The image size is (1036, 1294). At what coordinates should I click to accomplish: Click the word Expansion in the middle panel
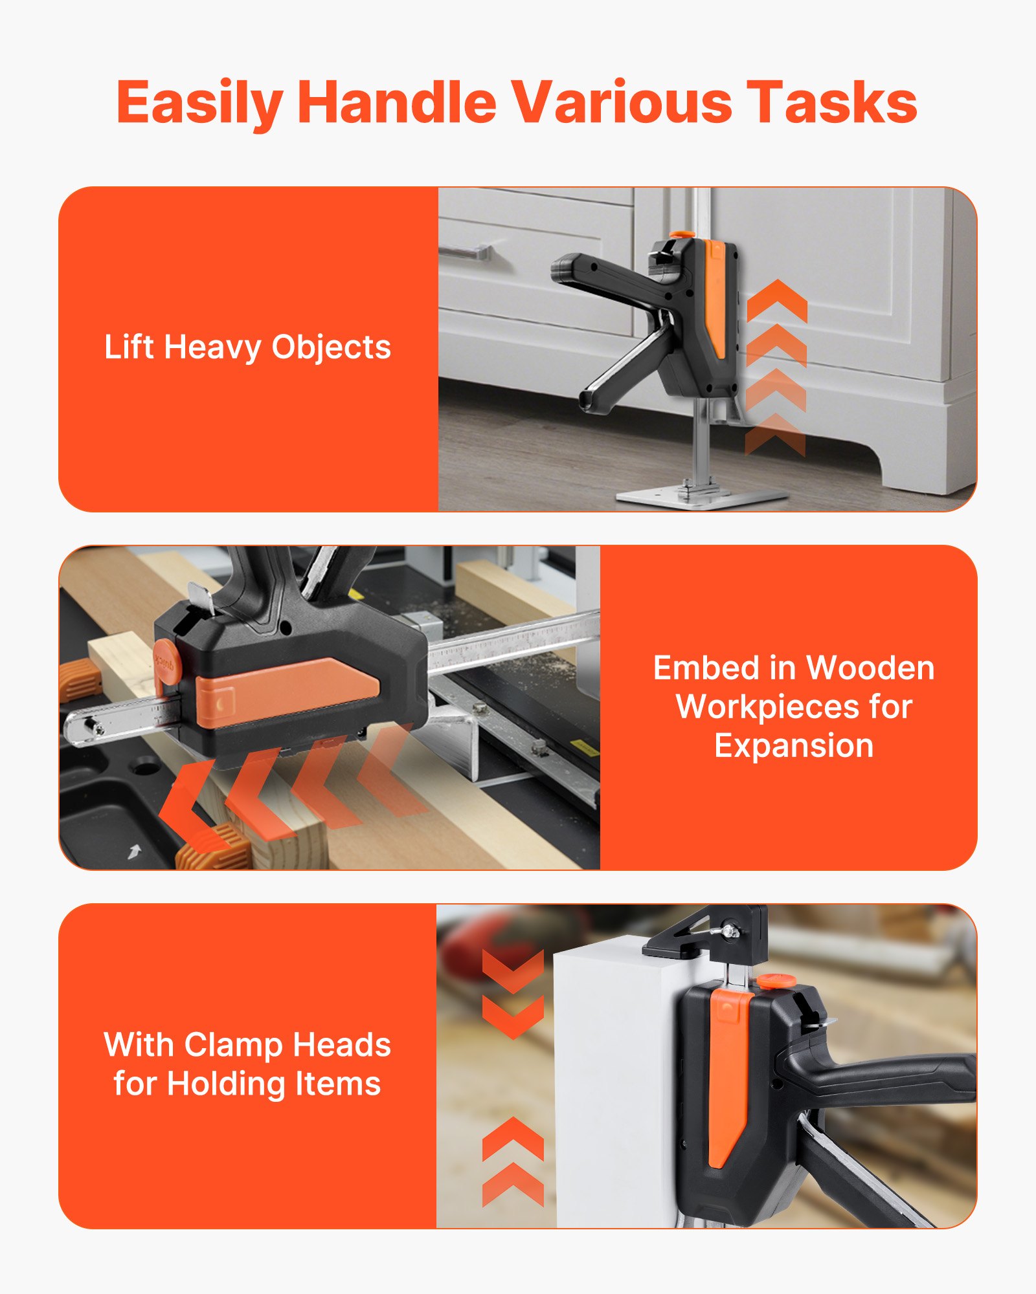point(794,745)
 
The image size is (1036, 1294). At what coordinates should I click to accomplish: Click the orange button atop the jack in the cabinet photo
point(681,234)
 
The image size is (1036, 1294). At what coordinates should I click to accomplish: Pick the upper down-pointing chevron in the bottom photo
point(513,970)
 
